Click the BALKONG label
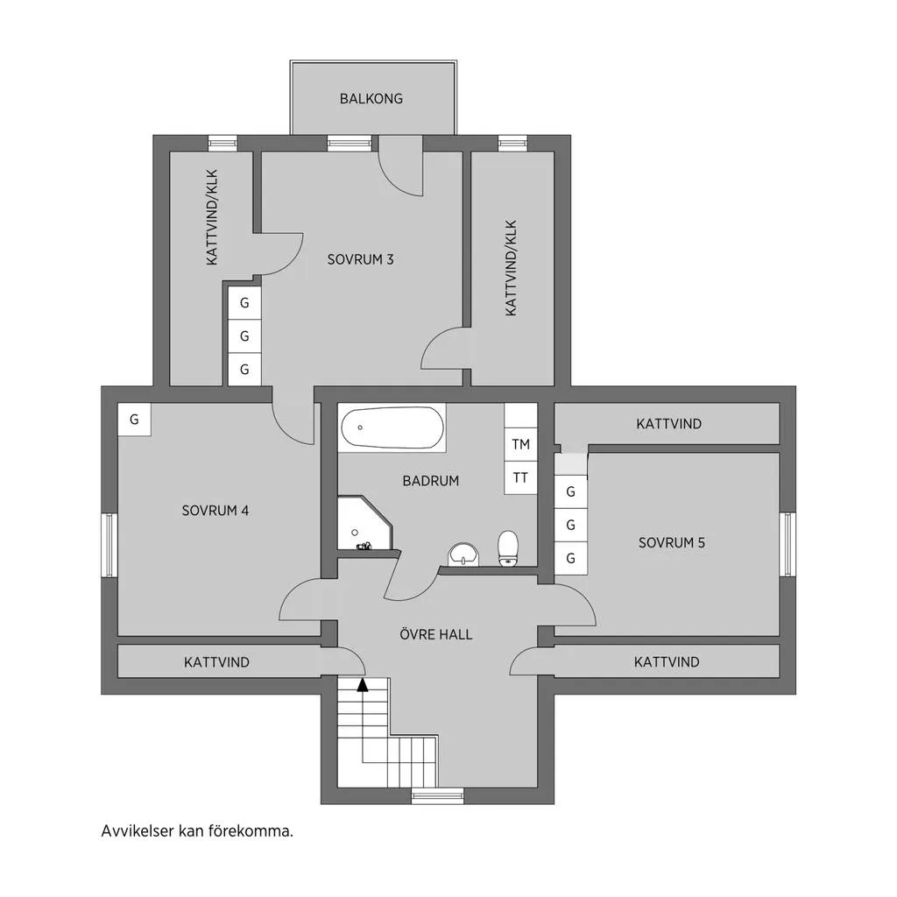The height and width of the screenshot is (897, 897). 371,99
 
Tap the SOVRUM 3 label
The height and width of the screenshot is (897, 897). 360,259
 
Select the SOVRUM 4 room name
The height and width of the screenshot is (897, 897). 215,511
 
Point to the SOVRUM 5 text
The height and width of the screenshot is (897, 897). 672,542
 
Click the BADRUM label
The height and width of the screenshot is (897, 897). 431,481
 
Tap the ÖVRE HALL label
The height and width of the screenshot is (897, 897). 436,634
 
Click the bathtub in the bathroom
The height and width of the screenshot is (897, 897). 392,427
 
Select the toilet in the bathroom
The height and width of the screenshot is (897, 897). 508,548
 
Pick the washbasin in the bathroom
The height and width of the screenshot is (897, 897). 464,554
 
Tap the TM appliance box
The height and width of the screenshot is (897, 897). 520,444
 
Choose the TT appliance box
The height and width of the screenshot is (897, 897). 520,477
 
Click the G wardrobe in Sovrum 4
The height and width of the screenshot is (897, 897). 134,420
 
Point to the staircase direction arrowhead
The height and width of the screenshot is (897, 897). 363,685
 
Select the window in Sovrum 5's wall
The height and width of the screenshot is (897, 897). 788,544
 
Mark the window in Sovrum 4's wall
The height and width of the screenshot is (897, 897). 109,545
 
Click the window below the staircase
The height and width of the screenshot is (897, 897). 438,795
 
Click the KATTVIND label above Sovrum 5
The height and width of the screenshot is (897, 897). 668,424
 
